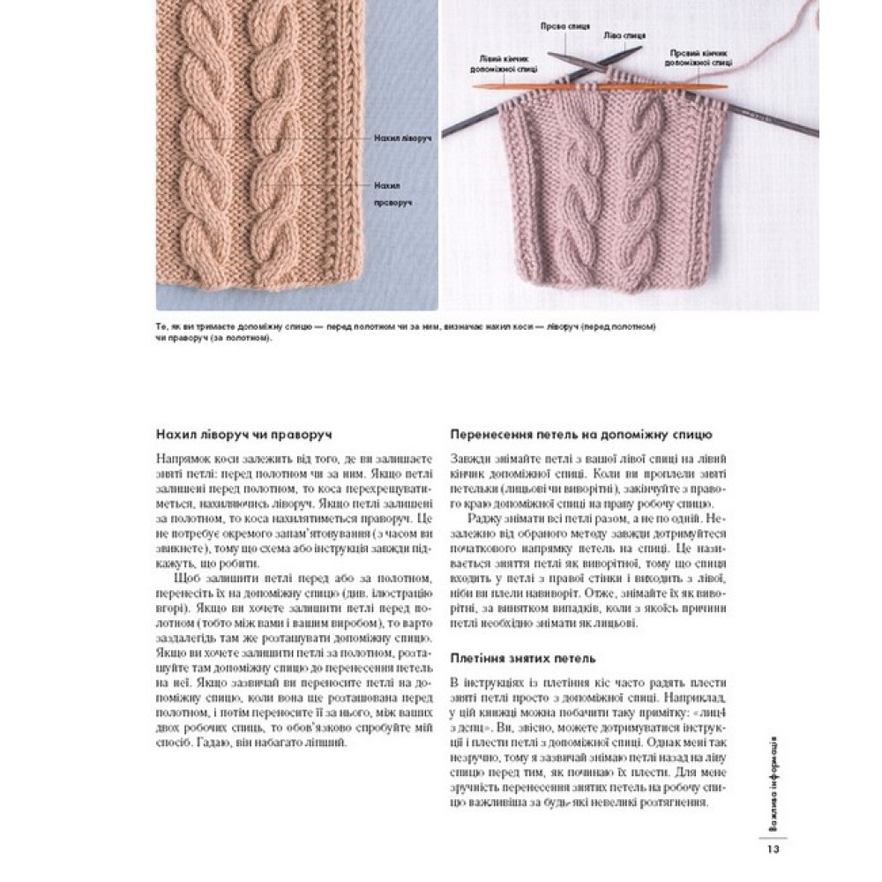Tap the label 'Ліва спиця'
[624, 37]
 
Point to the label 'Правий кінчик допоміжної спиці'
[699, 58]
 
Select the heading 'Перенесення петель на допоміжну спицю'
[581, 435]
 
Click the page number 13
[772, 849]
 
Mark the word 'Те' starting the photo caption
[161, 326]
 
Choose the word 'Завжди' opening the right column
[468, 459]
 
